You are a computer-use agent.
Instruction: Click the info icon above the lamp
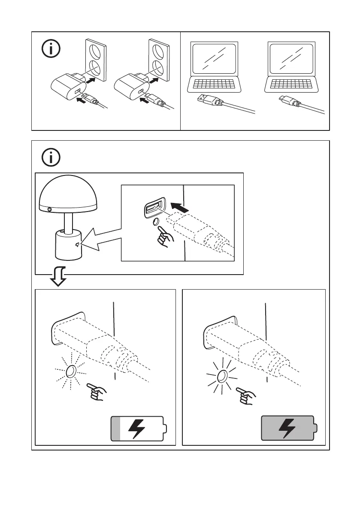[x=51, y=158]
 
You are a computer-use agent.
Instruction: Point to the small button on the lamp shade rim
[x=50, y=209]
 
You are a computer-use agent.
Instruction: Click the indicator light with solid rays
[x=222, y=377]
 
